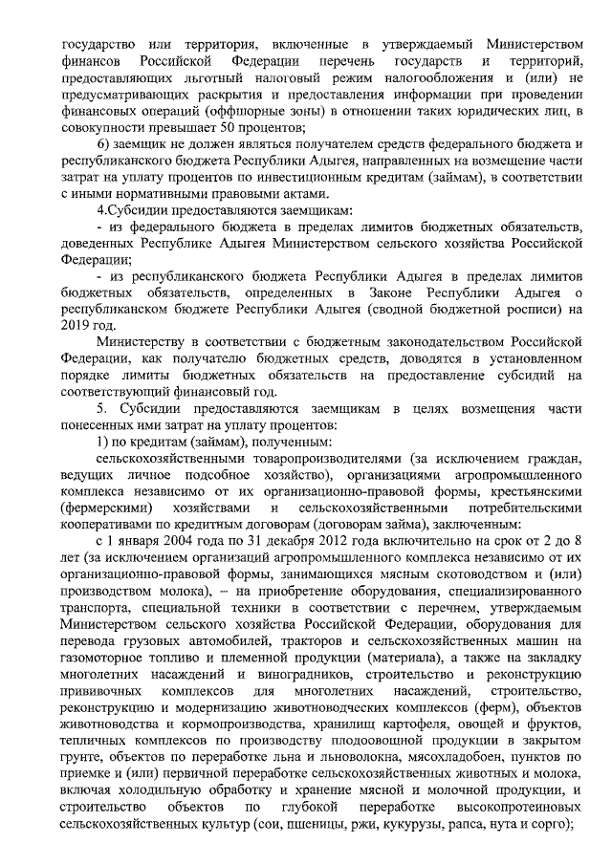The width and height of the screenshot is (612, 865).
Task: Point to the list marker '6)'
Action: tap(105, 143)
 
